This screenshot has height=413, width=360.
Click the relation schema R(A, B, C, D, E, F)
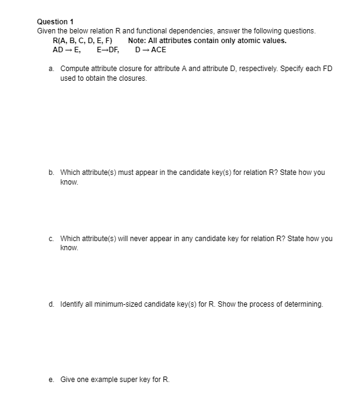[x=78, y=41]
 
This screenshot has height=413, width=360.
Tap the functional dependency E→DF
[x=107, y=50]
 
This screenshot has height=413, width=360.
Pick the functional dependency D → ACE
[x=150, y=50]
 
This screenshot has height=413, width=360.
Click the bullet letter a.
[x=51, y=69]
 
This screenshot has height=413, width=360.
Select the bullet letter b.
[x=51, y=172]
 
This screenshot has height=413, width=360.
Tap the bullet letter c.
[x=51, y=239]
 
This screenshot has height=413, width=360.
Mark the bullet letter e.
[x=51, y=380]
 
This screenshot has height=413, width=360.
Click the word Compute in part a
[x=75, y=69]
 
